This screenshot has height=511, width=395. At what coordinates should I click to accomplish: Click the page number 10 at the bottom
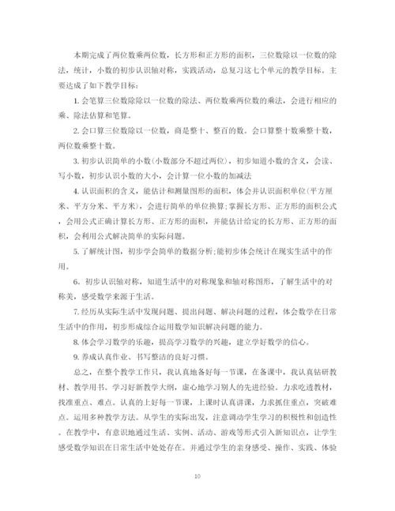coord(197,476)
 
